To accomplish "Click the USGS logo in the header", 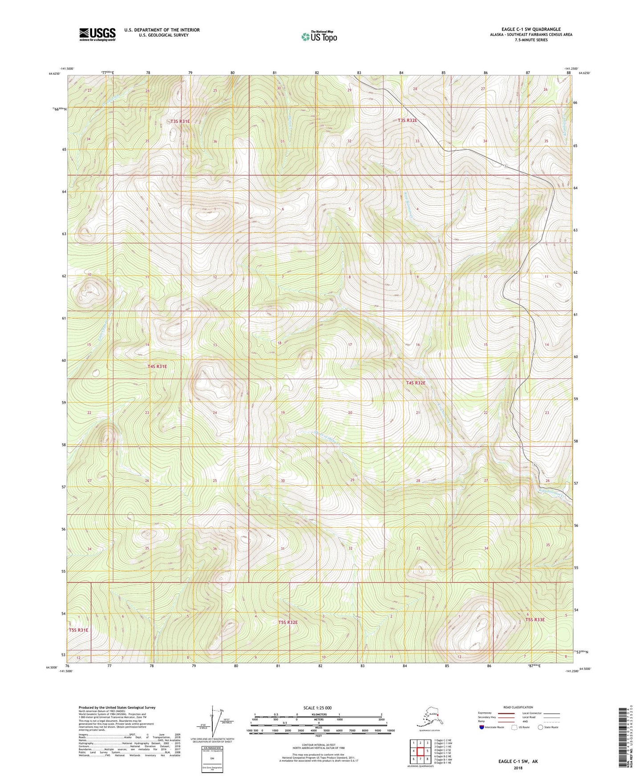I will pos(97,34).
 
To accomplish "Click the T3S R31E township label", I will pos(180,121).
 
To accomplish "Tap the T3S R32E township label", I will pos(408,120).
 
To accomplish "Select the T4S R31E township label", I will pos(157,366).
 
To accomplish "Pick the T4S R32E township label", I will pos(416,383).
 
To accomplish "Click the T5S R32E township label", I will pos(288,622).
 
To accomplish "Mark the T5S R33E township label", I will pos(535,619).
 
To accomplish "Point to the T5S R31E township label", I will pos(79,630).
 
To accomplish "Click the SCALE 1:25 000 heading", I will pos(317,708).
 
